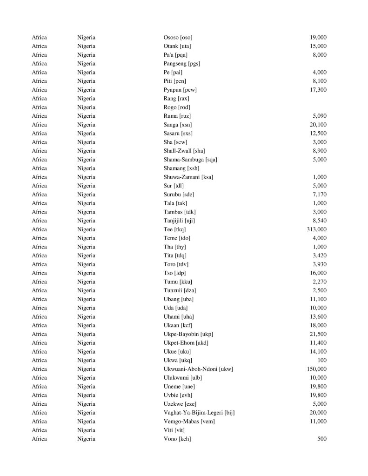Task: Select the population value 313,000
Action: [x=316, y=229]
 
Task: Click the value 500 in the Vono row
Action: [x=321, y=439]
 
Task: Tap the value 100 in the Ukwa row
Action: [x=321, y=360]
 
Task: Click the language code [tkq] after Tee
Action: [x=180, y=229]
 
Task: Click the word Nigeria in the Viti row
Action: [x=86, y=430]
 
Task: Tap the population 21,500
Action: [x=318, y=334]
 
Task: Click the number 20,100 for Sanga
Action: [x=318, y=125]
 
